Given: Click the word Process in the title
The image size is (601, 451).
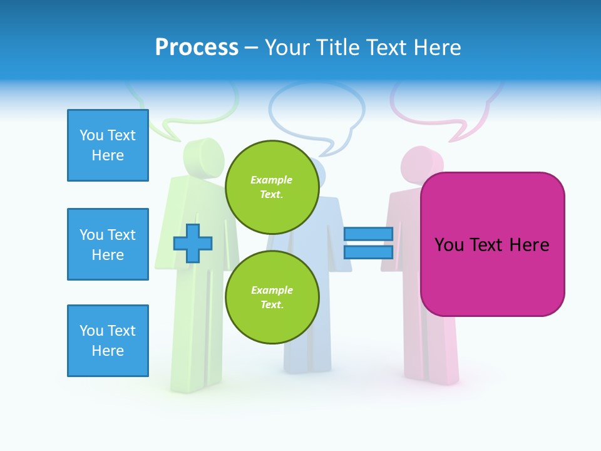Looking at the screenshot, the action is click(x=197, y=48).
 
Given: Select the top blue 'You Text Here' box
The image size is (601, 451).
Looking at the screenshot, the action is click(x=108, y=145).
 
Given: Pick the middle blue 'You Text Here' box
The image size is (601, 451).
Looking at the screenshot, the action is click(x=108, y=244).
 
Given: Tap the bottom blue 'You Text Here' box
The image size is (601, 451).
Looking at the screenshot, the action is click(x=108, y=341).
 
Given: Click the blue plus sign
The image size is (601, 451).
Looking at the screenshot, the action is click(x=193, y=243).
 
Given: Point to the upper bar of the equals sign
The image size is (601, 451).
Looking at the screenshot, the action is click(x=369, y=234).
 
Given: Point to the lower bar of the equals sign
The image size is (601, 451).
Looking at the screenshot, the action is click(x=369, y=252).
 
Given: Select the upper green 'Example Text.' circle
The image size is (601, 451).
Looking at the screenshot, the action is click(x=272, y=187).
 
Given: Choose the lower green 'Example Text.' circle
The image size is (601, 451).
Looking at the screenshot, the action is click(x=272, y=298).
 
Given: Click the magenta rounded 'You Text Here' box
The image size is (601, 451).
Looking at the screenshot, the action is click(x=492, y=244).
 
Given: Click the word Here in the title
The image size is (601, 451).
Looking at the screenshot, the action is click(x=438, y=48).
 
